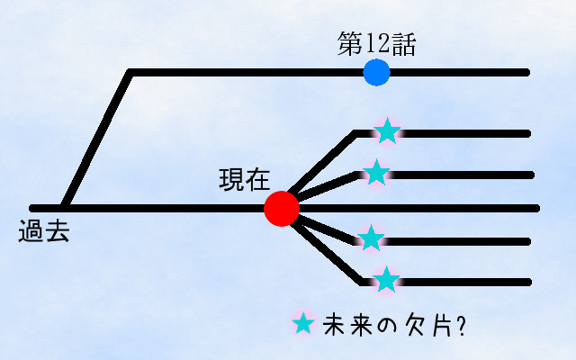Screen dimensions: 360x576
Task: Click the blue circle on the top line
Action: point(376,72)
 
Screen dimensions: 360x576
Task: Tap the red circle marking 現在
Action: point(282,208)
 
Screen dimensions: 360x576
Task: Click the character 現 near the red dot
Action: point(231,178)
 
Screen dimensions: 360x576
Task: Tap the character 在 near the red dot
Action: point(258,178)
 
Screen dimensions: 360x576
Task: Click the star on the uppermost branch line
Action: point(387,131)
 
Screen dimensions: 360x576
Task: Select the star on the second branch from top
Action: point(377,171)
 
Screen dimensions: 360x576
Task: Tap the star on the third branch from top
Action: point(371,238)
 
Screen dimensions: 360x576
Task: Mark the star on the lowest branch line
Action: point(386,280)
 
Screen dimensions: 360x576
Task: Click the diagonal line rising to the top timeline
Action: point(97,139)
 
